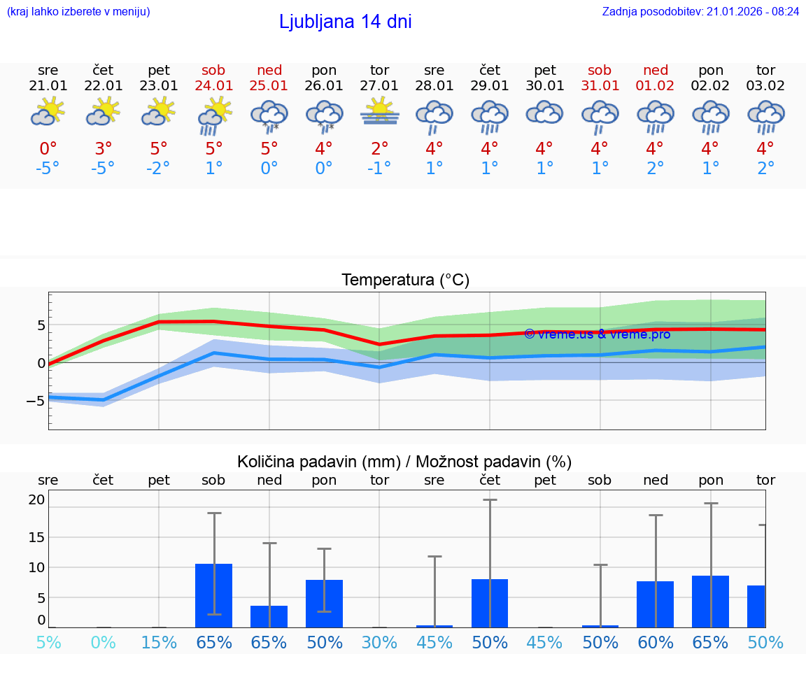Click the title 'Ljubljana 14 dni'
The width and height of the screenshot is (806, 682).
click(x=345, y=22)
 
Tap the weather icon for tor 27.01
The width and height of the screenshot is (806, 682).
click(x=380, y=112)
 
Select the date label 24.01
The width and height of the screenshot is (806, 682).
click(x=214, y=86)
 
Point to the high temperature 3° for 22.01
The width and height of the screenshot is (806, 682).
click(x=103, y=149)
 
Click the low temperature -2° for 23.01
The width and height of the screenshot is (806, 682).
click(x=159, y=168)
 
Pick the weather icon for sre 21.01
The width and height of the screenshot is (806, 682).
click(x=48, y=112)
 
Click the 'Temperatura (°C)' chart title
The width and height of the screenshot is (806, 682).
click(x=405, y=280)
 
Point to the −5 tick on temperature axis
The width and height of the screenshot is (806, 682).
click(x=35, y=401)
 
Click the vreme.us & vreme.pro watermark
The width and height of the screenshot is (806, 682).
click(x=597, y=334)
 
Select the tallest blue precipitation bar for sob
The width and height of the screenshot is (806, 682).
click(x=214, y=595)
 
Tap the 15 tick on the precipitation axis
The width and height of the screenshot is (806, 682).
click(x=36, y=537)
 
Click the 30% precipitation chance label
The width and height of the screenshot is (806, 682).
click(x=379, y=643)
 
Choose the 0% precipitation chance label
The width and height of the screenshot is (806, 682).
click(x=103, y=643)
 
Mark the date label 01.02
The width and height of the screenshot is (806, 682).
click(x=656, y=86)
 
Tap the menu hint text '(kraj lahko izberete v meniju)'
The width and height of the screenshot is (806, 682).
click(x=78, y=12)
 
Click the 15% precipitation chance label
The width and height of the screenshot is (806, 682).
click(x=159, y=643)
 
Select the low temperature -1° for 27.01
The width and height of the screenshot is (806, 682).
click(x=379, y=168)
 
